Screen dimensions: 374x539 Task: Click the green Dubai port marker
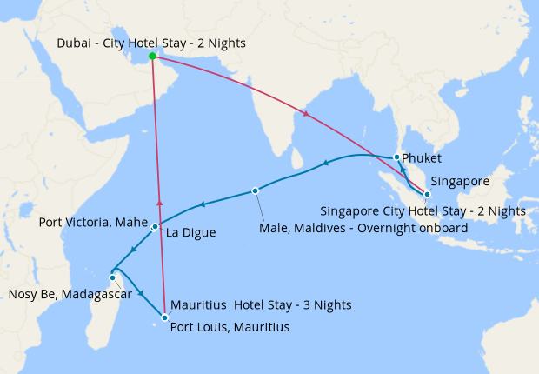[153, 57]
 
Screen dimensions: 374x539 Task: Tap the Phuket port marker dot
[396, 157]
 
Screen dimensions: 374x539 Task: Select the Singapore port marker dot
[427, 195]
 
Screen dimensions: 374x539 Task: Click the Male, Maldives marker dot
[255, 190]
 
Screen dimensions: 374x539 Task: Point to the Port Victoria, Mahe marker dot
[155, 227]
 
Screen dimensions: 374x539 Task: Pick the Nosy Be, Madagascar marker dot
[112, 278]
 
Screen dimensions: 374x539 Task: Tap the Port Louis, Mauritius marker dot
[164, 317]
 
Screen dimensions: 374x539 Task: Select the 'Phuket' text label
[423, 159]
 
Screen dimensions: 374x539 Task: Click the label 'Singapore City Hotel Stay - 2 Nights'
[423, 211]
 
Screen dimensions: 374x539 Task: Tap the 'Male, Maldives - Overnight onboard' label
[363, 228]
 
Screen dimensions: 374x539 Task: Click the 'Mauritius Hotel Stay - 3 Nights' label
[261, 305]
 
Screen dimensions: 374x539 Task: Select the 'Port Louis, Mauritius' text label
[230, 328]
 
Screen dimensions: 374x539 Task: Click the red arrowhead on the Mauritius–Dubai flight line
[159, 202]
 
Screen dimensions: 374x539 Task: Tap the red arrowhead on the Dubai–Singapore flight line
[304, 114]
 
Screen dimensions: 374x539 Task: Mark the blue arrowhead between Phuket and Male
[325, 163]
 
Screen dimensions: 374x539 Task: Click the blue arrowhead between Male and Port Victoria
[202, 204]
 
